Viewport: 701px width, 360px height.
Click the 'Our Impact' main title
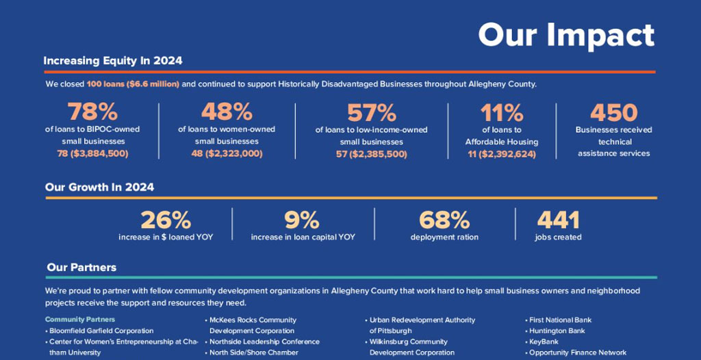click(565, 35)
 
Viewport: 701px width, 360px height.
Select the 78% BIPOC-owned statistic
click(92, 112)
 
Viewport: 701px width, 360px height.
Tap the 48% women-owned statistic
click(227, 112)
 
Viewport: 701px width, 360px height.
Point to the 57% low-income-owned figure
click(372, 112)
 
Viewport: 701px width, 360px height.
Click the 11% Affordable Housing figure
click(502, 112)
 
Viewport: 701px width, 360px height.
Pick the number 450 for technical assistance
click(613, 112)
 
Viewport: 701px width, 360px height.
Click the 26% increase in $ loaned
click(166, 220)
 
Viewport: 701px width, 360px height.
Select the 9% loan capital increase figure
click(302, 220)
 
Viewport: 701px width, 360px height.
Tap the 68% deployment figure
click(444, 220)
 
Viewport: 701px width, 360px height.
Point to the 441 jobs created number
click(558, 220)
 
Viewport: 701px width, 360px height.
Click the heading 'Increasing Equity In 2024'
click(113, 61)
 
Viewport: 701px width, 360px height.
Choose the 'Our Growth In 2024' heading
click(99, 187)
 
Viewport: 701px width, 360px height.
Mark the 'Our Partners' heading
click(81, 267)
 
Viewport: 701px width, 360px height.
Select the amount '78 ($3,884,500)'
click(92, 153)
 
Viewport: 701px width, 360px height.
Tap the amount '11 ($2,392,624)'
click(502, 154)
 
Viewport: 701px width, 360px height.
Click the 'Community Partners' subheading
click(80, 320)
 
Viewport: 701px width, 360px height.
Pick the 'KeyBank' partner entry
click(544, 342)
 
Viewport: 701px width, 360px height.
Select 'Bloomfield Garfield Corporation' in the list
click(101, 331)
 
